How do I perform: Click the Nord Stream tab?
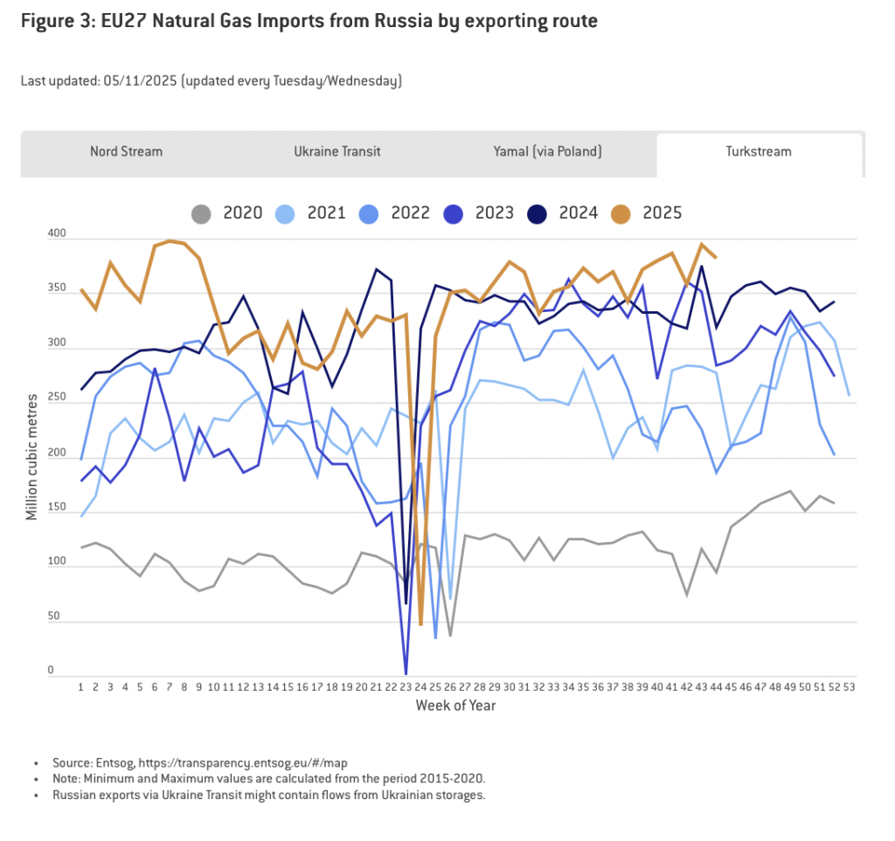[x=126, y=151]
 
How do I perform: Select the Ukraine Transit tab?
[x=337, y=151]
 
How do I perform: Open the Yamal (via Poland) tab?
[x=547, y=151]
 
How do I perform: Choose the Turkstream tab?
[x=759, y=151]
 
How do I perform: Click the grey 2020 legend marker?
[x=201, y=212]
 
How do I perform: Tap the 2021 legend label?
[x=327, y=212]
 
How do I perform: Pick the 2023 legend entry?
[x=495, y=212]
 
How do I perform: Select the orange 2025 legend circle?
[x=621, y=212]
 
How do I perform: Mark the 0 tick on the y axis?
[x=51, y=671]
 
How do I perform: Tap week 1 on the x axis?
[x=81, y=688]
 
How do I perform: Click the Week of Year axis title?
[x=455, y=705]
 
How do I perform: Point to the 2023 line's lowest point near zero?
[x=406, y=671]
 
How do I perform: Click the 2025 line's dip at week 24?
[x=420, y=623]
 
